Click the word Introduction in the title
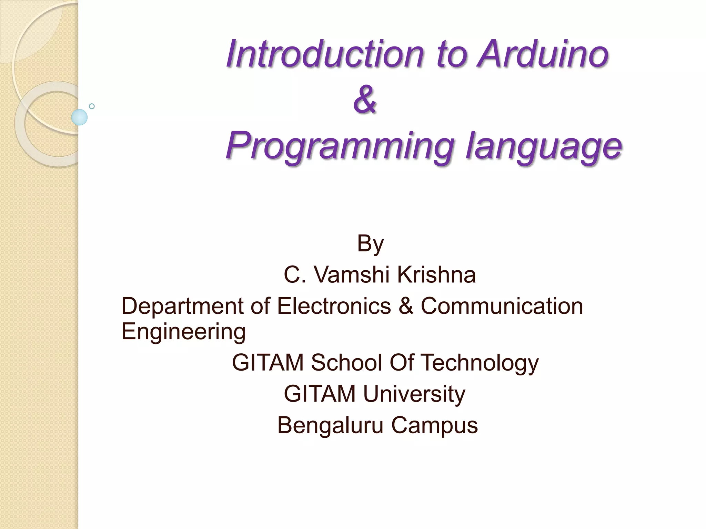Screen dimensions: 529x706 pyautogui.click(x=324, y=54)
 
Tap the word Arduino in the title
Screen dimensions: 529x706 pyautogui.click(x=543, y=54)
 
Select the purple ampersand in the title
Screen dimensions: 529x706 pyautogui.click(x=365, y=100)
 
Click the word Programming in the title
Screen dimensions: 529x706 pyautogui.click(x=339, y=146)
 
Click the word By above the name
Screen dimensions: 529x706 pyautogui.click(x=370, y=244)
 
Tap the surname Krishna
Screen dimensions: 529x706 pyautogui.click(x=436, y=275)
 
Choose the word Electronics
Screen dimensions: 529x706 pyautogui.click(x=334, y=306)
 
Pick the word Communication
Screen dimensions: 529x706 pyautogui.click(x=502, y=306)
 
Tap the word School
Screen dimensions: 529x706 pyautogui.click(x=346, y=363)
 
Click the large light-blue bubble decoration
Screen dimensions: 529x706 pyautogui.click(x=79, y=117)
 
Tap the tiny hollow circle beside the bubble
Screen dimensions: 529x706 pyautogui.click(x=92, y=106)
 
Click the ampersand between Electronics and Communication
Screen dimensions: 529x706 pyautogui.click(x=406, y=306)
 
